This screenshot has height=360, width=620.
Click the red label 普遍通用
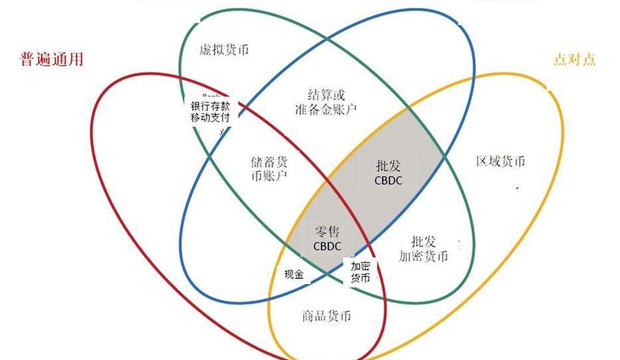coord(52,59)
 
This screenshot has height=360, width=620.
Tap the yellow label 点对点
coord(574,59)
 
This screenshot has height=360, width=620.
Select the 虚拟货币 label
coord(224,50)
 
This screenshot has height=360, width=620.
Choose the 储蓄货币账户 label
coord(270,169)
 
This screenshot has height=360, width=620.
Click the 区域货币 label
coord(500,161)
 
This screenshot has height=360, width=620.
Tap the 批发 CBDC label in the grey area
coord(388,172)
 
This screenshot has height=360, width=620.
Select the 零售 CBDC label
coord(327,238)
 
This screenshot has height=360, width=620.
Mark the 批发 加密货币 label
coord(423,248)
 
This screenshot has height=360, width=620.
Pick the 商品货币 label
coord(326,316)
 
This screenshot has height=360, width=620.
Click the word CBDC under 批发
coord(388,180)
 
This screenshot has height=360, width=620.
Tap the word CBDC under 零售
coord(327,246)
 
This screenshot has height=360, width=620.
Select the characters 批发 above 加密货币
coord(424,240)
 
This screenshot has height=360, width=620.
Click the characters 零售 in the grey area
coord(327,231)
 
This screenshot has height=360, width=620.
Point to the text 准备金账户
coord(326,109)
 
